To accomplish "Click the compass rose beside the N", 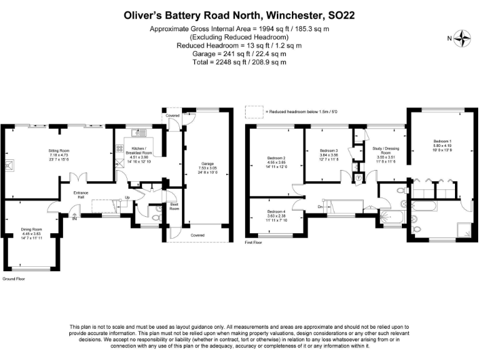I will [463, 38].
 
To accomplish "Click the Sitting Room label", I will [60, 151].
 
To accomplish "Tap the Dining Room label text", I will [32, 229].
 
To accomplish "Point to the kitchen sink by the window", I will [138, 132].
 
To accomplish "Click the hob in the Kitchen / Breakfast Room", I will [119, 149].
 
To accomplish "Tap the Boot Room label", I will [174, 207].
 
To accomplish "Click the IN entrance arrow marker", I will [74, 217].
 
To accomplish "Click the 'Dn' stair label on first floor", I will [320, 206].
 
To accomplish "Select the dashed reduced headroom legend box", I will [255, 112].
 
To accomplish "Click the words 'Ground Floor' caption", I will [14, 278].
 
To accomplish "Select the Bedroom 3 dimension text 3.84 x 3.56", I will [329, 155].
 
